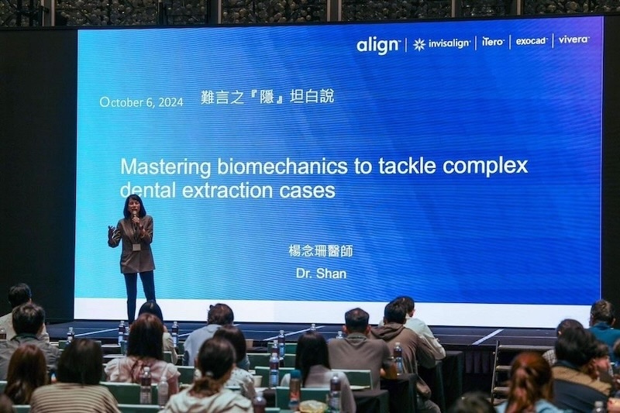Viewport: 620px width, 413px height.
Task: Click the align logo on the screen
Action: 378,45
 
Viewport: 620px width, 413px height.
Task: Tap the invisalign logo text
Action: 449,43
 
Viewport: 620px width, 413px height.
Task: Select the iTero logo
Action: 493,42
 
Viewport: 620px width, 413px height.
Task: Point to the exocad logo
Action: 532,40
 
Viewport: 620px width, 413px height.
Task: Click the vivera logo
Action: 573,39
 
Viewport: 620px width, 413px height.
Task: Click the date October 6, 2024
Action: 142,102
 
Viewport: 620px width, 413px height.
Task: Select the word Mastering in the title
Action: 165,167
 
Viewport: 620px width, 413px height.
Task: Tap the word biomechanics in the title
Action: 282,167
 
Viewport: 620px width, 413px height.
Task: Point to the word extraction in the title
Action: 227,190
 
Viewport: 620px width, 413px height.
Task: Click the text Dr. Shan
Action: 321,274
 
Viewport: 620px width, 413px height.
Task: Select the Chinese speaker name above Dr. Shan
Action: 321,251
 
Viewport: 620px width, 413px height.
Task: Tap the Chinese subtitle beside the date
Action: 267,97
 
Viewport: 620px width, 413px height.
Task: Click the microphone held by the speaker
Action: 135,218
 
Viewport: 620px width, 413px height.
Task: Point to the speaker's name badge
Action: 137,246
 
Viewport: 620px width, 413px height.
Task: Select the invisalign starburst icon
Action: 419,45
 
